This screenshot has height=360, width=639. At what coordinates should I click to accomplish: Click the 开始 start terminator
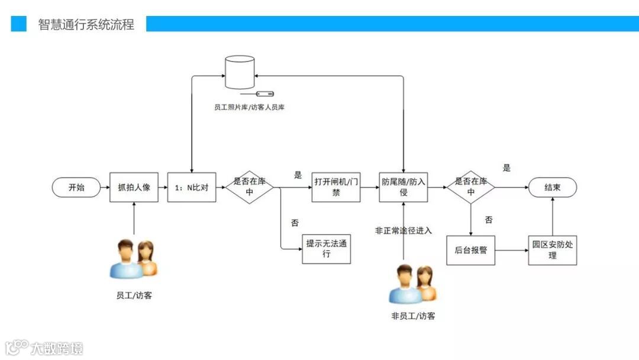pos(76,188)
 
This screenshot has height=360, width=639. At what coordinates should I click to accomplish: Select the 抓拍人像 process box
pos(134,188)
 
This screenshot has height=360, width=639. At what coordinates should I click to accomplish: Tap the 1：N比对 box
pos(192,188)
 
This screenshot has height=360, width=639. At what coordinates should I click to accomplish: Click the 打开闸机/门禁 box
pos(335,187)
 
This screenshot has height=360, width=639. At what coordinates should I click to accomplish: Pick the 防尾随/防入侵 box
pos(403,187)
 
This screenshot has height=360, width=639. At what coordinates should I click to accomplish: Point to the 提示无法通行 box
pos(326,249)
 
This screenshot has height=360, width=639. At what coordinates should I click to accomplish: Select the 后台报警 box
pos(470,250)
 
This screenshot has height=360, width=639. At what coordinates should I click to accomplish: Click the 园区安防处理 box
pos(552,250)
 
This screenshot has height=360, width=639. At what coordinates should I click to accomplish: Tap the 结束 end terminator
pos(552,188)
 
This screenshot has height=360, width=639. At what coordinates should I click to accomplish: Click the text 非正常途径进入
pos(404,230)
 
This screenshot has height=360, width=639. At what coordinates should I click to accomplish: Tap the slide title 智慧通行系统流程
pos(86,24)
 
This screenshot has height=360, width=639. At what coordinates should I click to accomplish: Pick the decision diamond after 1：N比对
pos(249,188)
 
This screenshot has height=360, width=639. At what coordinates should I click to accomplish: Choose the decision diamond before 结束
pos(470,188)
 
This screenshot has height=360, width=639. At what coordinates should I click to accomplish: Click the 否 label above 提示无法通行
pos(295,223)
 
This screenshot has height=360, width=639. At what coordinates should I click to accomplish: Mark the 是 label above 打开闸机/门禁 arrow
pos(298,175)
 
